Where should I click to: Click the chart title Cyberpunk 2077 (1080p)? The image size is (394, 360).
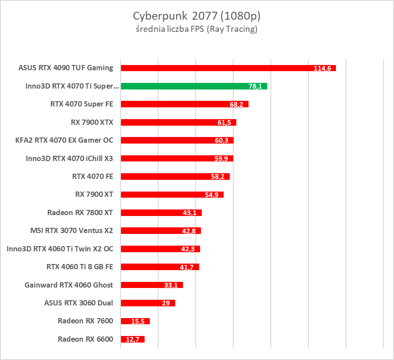tap(197, 16)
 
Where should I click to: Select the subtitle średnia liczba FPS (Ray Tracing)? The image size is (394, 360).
tap(197, 30)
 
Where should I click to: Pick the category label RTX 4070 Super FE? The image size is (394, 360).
tap(82, 104)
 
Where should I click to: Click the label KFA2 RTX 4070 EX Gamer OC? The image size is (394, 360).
tap(64, 140)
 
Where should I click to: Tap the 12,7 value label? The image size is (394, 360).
tap(132, 339)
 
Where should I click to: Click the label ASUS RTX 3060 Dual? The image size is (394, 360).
tap(79, 303)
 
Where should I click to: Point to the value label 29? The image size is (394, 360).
tap(166, 303)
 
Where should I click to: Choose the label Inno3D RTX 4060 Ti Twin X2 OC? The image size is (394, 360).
tap(60, 249)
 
